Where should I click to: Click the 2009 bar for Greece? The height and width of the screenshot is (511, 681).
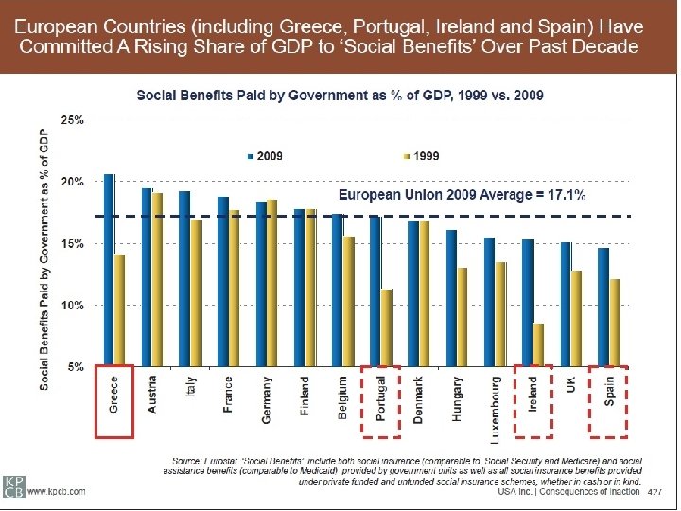click(109, 270)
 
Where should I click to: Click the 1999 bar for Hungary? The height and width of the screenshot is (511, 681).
click(462, 316)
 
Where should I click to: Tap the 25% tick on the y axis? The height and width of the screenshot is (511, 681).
click(72, 120)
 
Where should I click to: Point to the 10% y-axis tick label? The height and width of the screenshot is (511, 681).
click(72, 306)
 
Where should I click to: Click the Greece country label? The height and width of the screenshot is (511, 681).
click(114, 398)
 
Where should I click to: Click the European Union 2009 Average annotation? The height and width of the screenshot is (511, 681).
click(462, 196)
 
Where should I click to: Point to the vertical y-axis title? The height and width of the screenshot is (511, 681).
click(44, 258)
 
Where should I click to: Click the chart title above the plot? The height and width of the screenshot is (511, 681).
click(340, 95)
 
